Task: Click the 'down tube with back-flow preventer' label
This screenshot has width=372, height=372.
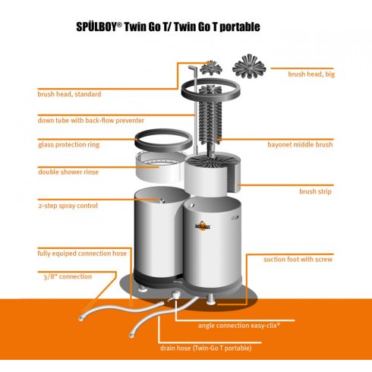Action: pos(90,120)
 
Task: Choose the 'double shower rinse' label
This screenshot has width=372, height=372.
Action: pos(68,172)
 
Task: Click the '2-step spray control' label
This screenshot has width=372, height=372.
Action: pos(68,206)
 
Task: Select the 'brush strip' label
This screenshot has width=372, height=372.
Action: pos(317,192)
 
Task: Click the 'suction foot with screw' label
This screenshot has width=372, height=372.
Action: pos(298,260)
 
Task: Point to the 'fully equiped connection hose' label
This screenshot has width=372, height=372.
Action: pos(83,253)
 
